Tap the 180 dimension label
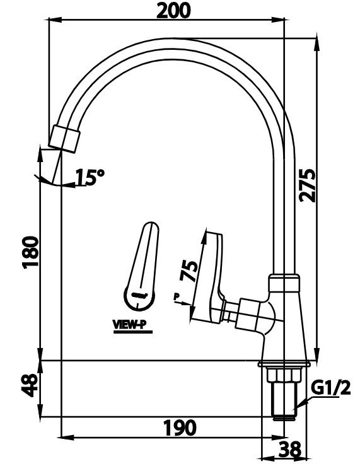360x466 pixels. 31,252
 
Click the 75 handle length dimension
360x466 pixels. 187,270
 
